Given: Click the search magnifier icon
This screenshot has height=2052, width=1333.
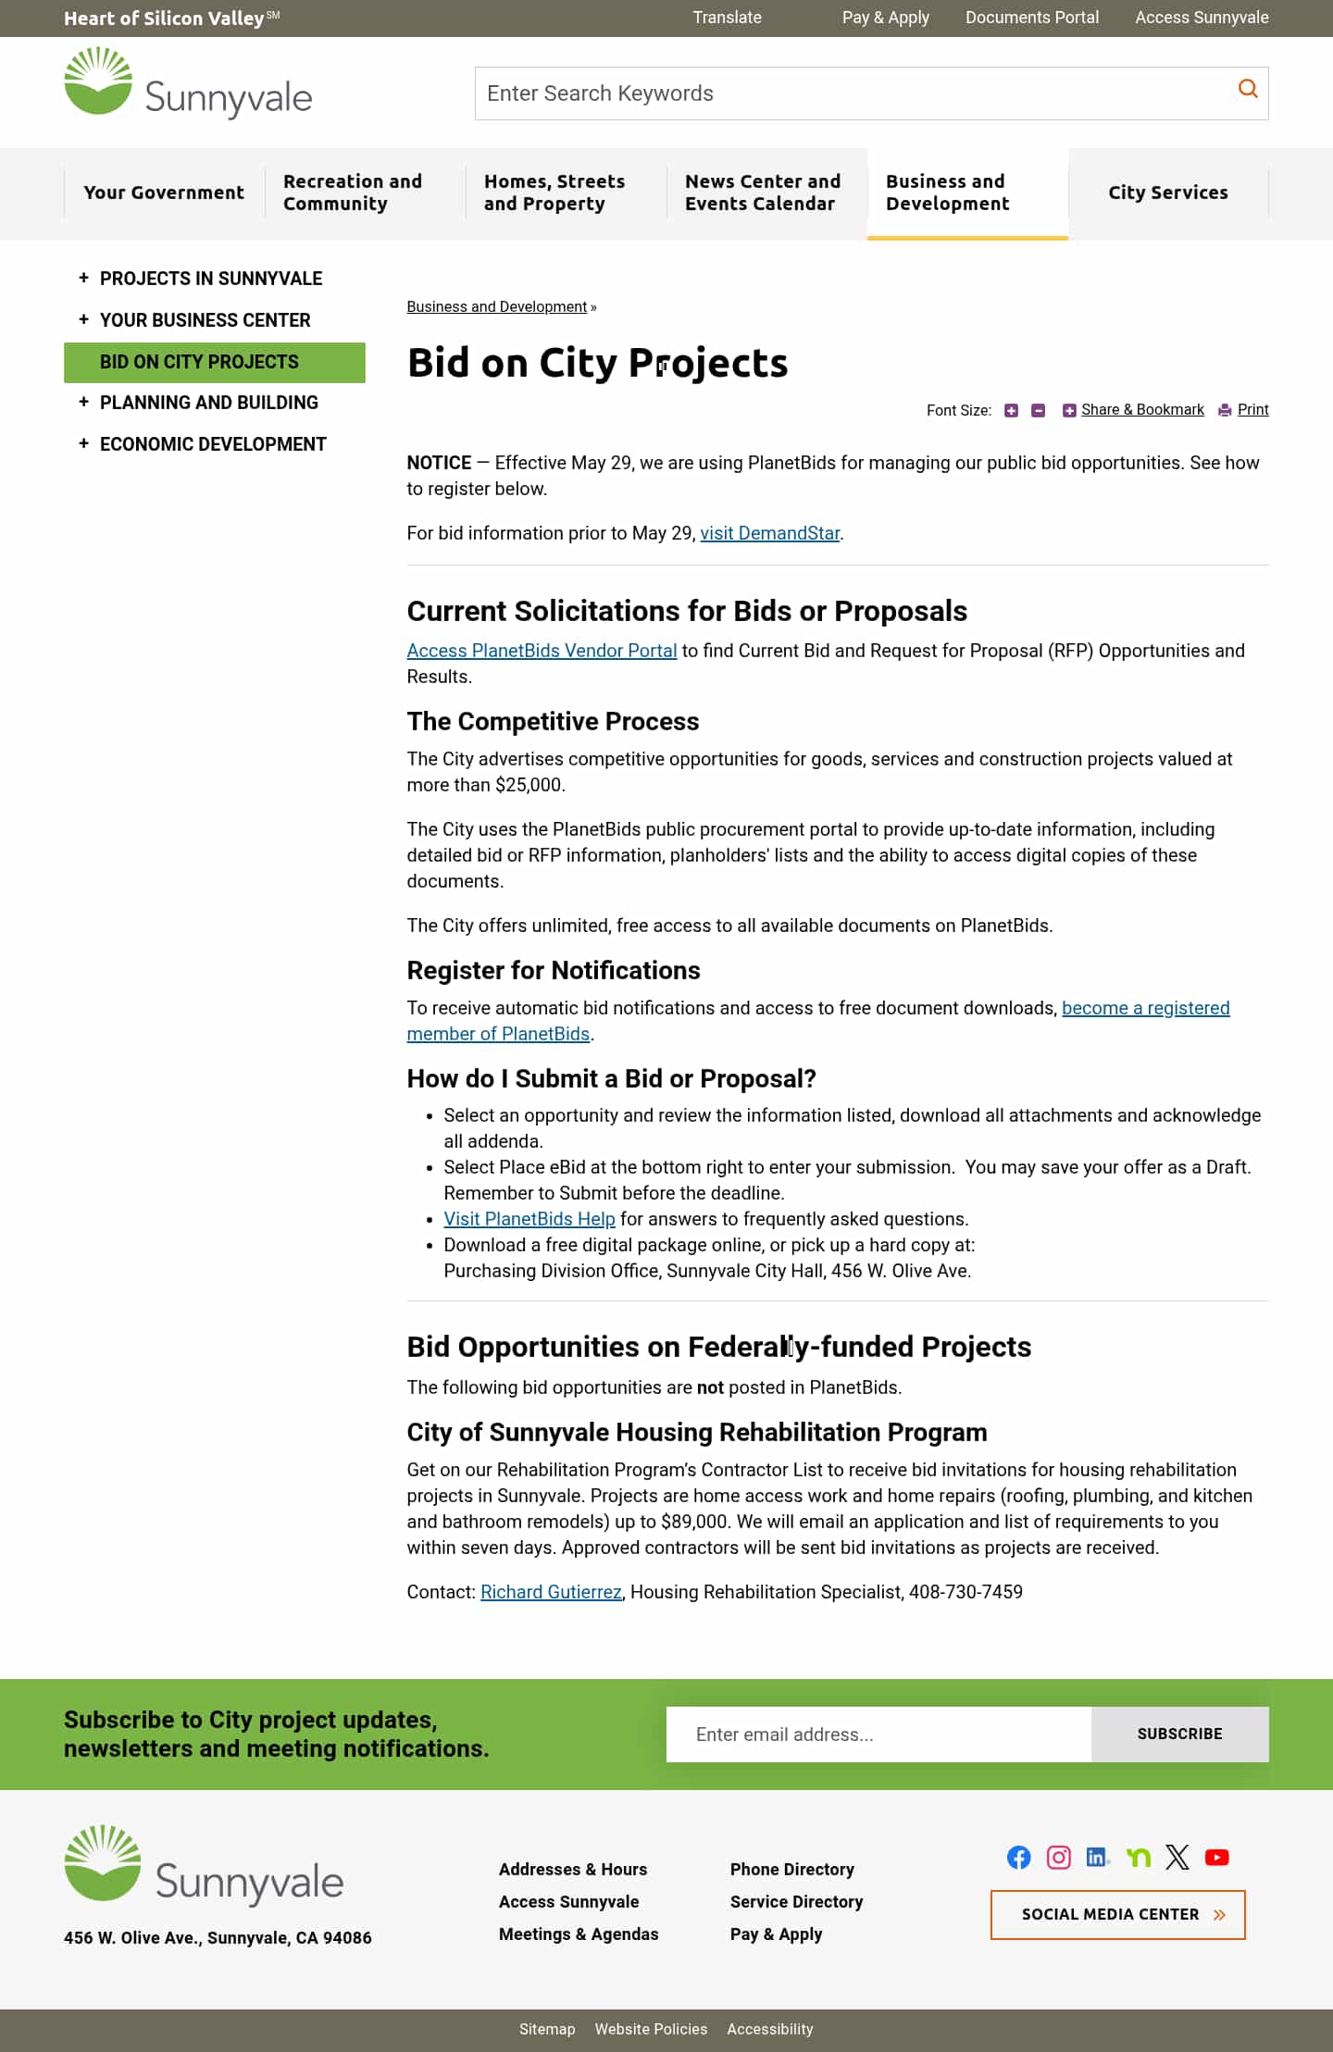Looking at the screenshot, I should [1248, 89].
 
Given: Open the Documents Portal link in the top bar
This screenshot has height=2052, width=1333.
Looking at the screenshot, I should [1031, 18].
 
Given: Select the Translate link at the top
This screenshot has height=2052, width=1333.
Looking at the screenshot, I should [727, 18].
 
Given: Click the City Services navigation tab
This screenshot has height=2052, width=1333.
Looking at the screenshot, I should [1167, 193].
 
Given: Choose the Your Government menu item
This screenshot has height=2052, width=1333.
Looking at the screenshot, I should [164, 193].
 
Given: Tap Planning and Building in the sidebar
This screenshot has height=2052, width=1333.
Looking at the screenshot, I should [208, 403].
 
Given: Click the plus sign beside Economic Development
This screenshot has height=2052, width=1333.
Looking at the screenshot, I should [83, 443].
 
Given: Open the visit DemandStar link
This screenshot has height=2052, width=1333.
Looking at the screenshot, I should [769, 533].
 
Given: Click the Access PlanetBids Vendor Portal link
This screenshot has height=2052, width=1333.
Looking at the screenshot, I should [542, 651].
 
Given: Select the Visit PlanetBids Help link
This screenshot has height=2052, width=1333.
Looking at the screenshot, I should [529, 1219].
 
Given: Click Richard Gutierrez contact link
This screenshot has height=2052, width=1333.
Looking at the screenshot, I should [551, 1592].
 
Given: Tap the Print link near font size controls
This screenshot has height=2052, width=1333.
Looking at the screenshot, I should [1252, 410].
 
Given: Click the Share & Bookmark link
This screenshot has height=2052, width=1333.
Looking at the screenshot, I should [1141, 410].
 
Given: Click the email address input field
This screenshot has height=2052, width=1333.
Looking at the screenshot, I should [878, 1735].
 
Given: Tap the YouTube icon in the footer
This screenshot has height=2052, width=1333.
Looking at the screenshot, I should [1216, 1858].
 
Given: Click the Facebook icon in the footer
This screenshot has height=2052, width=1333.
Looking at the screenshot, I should [1018, 1858].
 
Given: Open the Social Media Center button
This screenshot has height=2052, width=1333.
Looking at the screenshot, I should [1117, 1915].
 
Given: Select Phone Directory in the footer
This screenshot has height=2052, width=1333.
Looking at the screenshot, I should [791, 1870].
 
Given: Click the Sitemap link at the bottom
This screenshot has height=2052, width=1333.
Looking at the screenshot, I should [546, 2029].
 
